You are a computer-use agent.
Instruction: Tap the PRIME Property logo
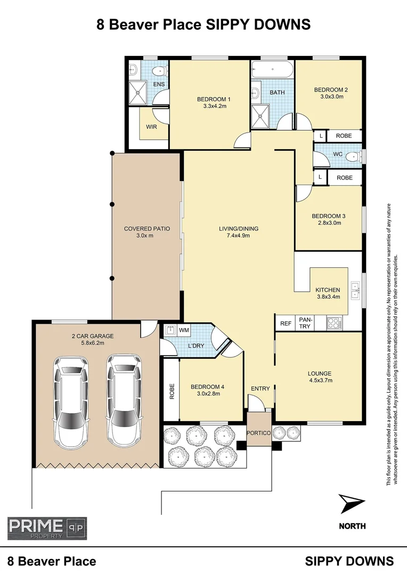(47, 528)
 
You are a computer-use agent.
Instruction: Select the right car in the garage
(124, 400)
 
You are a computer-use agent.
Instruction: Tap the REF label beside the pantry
(286, 323)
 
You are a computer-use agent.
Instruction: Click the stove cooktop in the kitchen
(335, 322)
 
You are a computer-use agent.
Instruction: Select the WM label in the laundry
(184, 331)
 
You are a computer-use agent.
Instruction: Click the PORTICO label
(259, 433)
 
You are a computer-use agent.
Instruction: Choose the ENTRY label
(261, 389)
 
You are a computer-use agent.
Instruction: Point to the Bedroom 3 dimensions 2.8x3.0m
(329, 223)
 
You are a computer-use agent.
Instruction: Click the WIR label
(151, 127)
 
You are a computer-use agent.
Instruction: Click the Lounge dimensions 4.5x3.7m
(319, 381)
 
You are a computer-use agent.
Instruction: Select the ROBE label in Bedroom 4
(172, 392)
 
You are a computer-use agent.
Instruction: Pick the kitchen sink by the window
(355, 290)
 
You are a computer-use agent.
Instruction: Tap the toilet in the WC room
(352, 157)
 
